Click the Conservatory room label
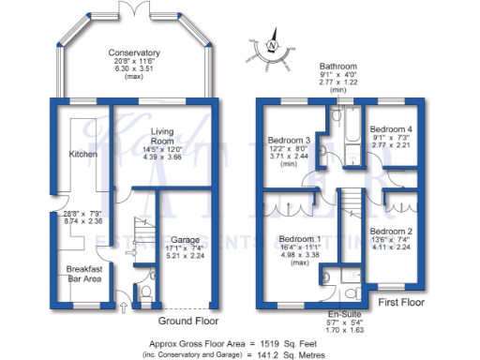tap(133, 52)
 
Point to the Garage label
tap(184, 239)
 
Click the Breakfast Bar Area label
tap(82, 273)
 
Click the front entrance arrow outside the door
tap(125, 306)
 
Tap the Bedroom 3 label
tap(292, 141)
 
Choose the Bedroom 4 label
tap(388, 129)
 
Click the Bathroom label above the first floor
tap(338, 67)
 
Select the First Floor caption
tap(401, 305)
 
